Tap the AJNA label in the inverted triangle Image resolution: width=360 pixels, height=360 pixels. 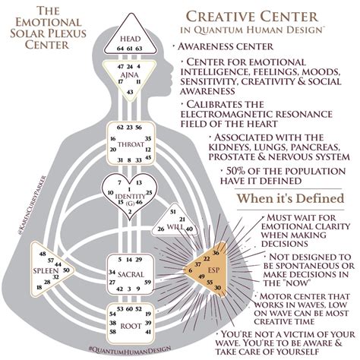click(127, 74)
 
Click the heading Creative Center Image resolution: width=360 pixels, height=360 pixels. click(262, 16)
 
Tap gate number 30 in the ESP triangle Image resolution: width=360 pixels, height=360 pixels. click(219, 288)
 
